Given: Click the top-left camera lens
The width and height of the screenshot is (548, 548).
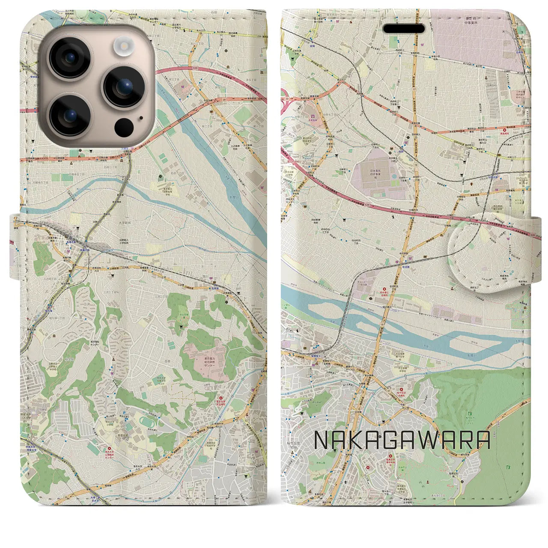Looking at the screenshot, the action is click(x=71, y=57).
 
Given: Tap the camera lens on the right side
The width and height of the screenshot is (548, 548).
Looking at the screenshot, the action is click(x=125, y=87).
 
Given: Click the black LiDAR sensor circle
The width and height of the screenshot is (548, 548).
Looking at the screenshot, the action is click(x=124, y=127).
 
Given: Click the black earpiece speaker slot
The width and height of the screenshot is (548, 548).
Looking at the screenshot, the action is click(x=404, y=29).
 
